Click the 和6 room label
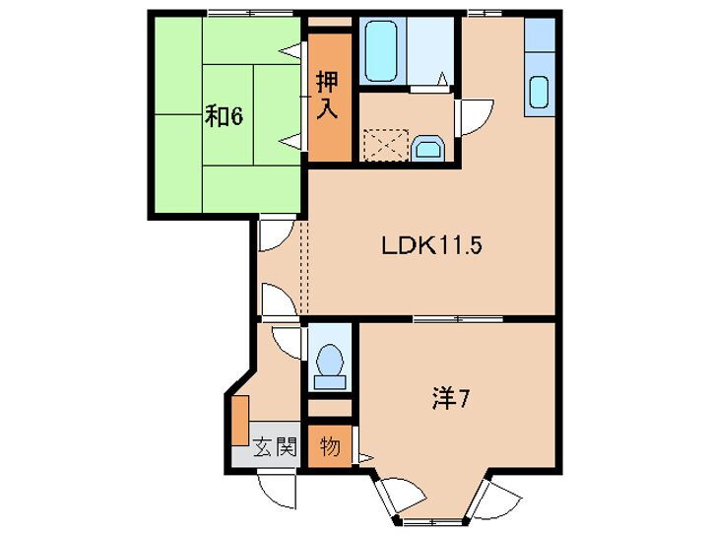coord(224,116)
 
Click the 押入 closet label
coord(328,95)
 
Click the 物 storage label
coord(330,447)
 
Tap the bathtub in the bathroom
coord(380,51)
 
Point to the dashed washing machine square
coord(382,147)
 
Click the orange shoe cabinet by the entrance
coord(239,421)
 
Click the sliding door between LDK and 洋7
coord(457,318)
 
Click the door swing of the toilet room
coord(287,340)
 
